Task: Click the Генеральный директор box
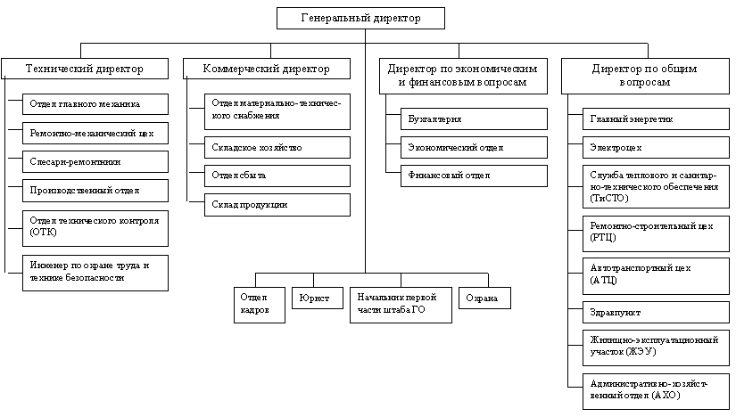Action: pos(360,18)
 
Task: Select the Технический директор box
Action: pos(84,69)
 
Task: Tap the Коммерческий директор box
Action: pos(266,69)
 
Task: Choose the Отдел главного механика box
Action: pos(95,104)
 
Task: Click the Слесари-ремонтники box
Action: pos(95,162)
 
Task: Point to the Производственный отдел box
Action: pos(95,191)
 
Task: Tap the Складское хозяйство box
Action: pos(277,147)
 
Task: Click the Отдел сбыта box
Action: pos(277,176)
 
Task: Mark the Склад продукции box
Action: pos(277,205)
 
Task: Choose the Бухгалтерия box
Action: pos(474,119)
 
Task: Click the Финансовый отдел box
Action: pos(474,176)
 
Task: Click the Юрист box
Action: pos(317,298)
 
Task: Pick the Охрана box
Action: pos(484,298)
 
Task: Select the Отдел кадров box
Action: pos(261,303)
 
